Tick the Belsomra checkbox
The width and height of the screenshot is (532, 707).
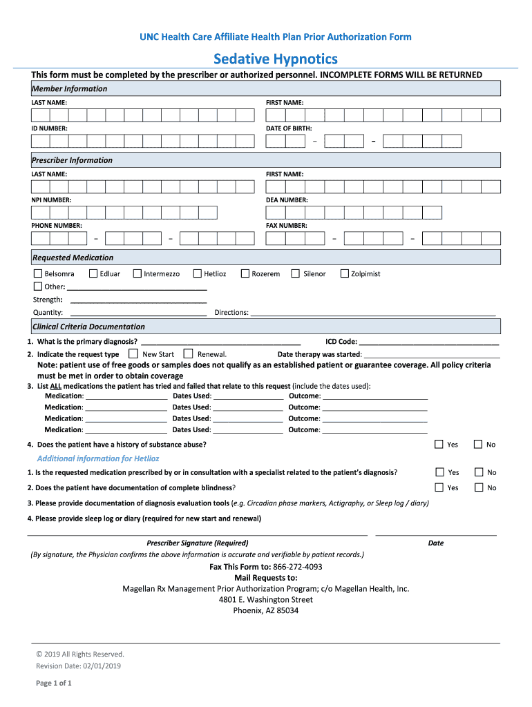(37, 273)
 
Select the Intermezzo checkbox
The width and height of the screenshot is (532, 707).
(137, 273)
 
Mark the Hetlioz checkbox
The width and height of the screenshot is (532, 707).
(198, 273)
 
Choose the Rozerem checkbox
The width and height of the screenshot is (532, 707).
(245, 273)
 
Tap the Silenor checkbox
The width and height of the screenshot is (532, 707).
(296, 273)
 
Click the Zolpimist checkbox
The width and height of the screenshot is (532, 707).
(345, 273)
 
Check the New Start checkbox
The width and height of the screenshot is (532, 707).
(133, 353)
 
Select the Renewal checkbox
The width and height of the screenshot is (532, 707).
(188, 353)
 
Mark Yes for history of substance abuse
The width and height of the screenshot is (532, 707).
(438, 444)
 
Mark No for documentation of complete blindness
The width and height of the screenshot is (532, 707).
(478, 487)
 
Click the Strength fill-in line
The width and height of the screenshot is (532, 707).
(138, 301)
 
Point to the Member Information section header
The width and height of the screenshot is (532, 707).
(69, 88)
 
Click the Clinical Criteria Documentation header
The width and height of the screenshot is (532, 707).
(88, 327)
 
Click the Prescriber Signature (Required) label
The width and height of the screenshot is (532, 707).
(198, 543)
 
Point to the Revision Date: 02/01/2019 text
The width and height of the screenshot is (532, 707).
(79, 666)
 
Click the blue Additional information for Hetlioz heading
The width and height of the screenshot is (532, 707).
(97, 458)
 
